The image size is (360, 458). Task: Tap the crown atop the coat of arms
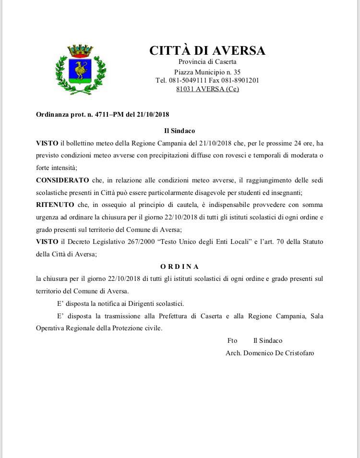tap(81, 50)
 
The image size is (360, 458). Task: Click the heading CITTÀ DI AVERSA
tap(207, 50)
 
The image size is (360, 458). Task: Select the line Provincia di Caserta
tap(207, 61)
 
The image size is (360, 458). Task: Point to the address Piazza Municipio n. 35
tap(207, 72)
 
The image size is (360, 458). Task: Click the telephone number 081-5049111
tap(188, 80)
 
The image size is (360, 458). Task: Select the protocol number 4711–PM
tap(110, 115)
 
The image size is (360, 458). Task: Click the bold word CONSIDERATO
tap(62, 180)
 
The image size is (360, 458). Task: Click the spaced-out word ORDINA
tap(180, 266)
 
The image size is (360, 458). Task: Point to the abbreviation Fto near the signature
tap(232, 340)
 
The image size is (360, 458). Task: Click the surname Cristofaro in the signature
tap(297, 353)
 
